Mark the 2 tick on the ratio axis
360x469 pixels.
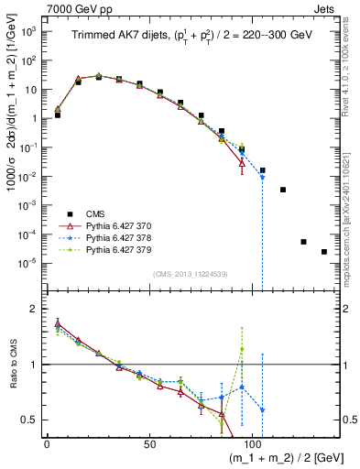(x=34, y=309)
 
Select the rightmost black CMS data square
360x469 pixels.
(x=324, y=252)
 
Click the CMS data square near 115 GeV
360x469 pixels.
(x=283, y=190)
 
